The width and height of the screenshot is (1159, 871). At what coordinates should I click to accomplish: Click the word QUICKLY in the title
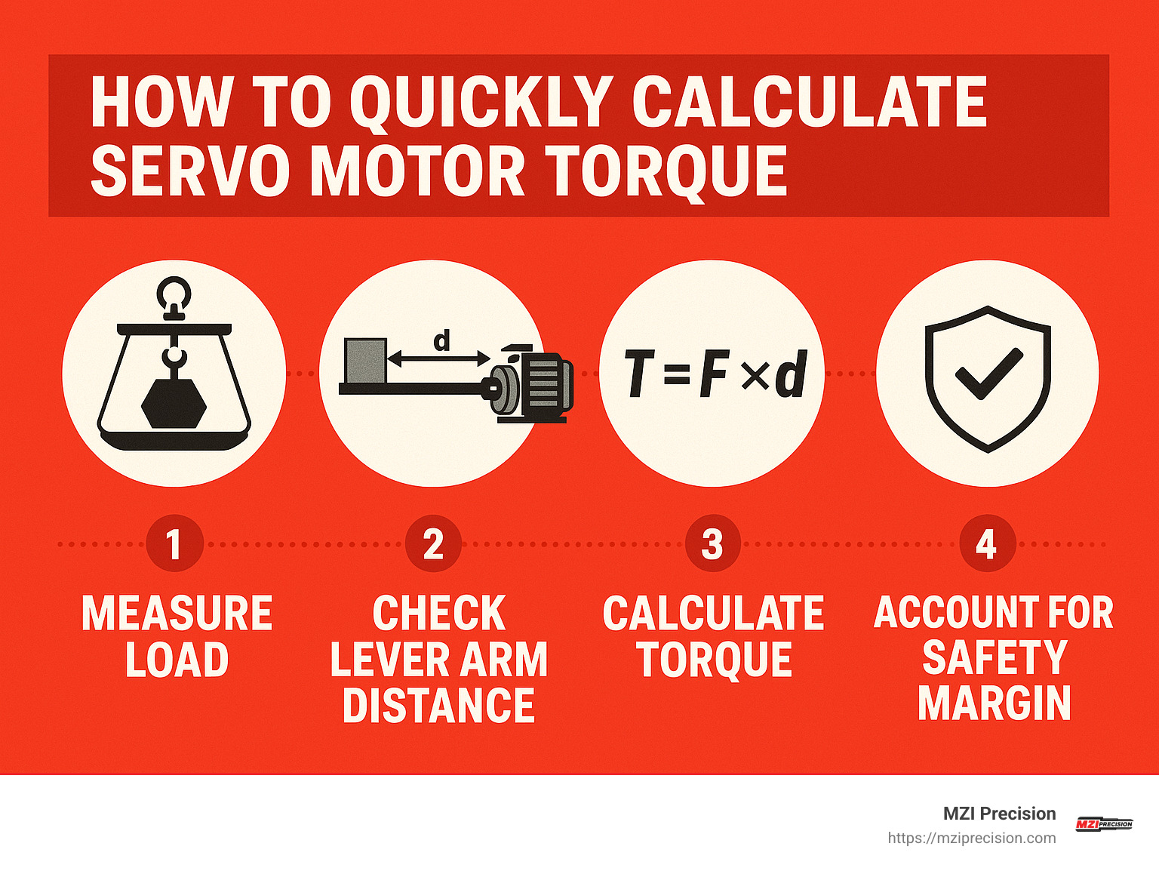coord(481,103)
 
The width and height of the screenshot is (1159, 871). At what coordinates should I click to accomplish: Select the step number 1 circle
coord(174,543)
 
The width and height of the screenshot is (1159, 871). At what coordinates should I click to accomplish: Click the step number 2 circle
coord(433,543)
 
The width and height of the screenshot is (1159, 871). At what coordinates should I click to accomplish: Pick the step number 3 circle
coord(712,543)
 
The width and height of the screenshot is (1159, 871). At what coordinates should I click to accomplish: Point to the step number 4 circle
coord(986,543)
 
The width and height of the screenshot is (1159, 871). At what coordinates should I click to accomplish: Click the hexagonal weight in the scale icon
coord(174,403)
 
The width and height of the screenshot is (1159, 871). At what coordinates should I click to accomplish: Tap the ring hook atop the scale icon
coord(174,293)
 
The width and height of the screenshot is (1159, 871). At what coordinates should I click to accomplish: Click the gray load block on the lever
coord(365,361)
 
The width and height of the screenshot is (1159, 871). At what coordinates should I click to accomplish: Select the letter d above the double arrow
coord(441,341)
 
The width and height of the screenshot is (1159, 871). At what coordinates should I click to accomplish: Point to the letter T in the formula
coord(638,374)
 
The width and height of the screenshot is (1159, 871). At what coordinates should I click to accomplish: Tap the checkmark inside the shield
coord(988,373)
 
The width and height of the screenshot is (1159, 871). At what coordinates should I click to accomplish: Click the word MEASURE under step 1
coord(177,613)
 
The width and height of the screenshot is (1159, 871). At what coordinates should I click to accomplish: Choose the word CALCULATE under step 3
coord(713,613)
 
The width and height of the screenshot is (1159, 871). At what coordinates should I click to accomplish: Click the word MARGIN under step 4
coord(994,703)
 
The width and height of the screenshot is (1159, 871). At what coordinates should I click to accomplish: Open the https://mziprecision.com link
coord(971,838)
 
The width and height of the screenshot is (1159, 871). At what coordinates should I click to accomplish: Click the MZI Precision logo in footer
coord(1104,824)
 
